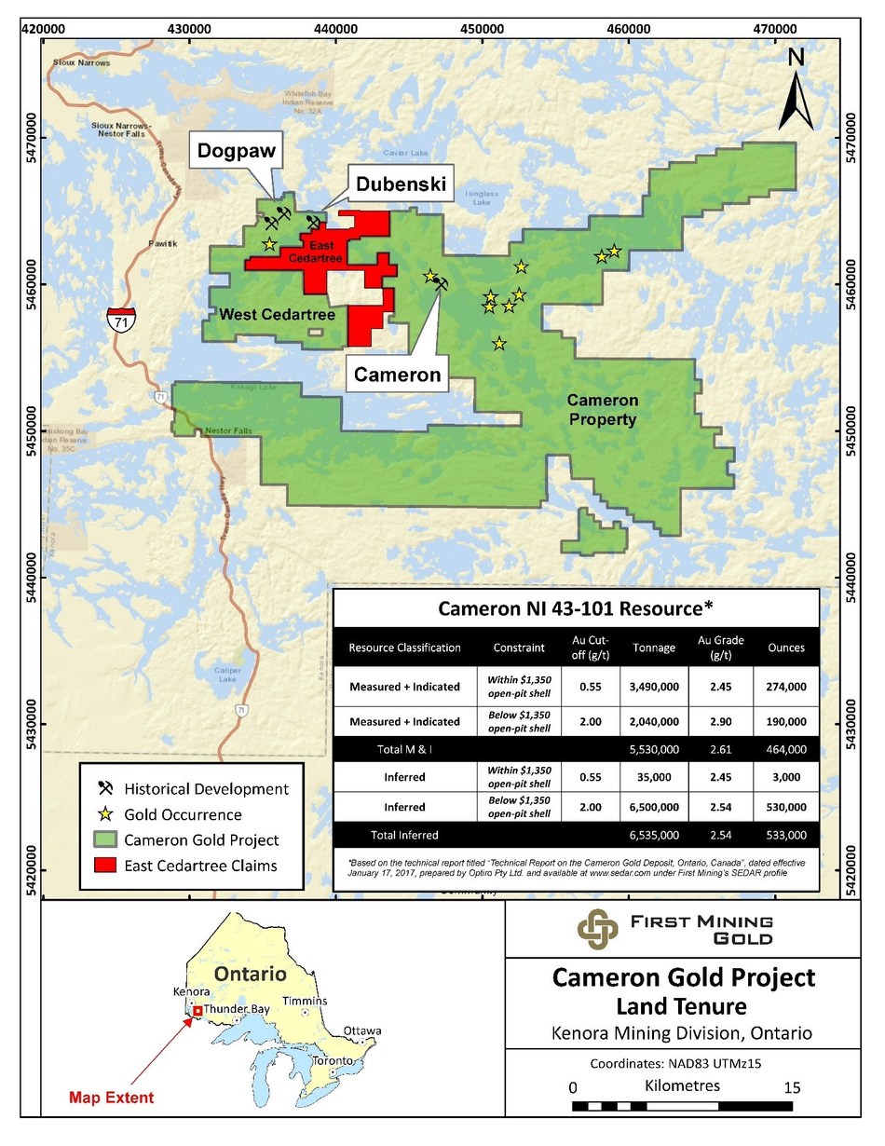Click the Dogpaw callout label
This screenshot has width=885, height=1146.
236,150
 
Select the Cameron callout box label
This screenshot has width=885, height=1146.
396,374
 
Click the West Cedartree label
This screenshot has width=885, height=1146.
263,315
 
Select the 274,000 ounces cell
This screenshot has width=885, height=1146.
786,686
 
